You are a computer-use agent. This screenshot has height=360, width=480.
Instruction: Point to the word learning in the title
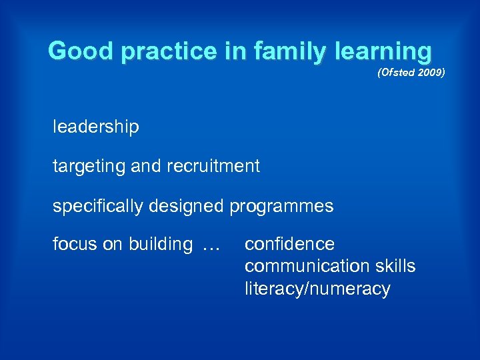pyautogui.click(x=386, y=51)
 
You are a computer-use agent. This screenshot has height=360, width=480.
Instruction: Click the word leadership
pyautogui.click(x=96, y=127)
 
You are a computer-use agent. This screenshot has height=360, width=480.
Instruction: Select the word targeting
pyautogui.click(x=89, y=166)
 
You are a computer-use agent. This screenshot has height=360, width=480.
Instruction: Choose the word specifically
pyautogui.click(x=98, y=206)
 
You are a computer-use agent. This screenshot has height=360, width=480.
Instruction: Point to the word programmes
pyautogui.click(x=281, y=206)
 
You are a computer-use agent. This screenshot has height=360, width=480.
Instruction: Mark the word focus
pyautogui.click(x=75, y=244)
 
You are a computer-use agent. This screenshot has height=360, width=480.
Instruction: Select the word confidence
pyautogui.click(x=289, y=244)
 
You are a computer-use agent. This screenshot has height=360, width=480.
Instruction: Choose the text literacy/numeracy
pyautogui.click(x=317, y=289)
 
